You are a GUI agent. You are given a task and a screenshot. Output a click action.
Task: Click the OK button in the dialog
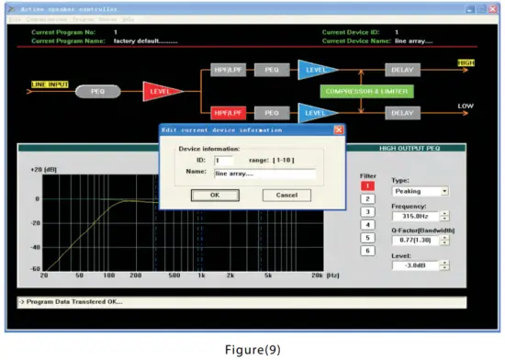(x=214, y=196)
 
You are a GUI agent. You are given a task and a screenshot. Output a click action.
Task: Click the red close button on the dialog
(x=339, y=130)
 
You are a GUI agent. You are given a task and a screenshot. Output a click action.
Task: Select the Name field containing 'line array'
(x=264, y=174)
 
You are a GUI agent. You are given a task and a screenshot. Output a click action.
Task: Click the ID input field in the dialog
(x=223, y=160)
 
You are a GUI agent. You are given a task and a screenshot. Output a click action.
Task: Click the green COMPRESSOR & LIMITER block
(x=365, y=92)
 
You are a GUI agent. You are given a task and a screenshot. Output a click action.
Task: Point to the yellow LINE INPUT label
(x=50, y=85)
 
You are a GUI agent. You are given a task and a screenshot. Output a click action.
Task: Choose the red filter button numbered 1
(x=367, y=186)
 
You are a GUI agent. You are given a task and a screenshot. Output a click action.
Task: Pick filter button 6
(x=367, y=251)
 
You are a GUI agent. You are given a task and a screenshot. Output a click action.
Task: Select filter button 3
(x=367, y=211)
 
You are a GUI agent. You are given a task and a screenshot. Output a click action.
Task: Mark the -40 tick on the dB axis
(x=35, y=247)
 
